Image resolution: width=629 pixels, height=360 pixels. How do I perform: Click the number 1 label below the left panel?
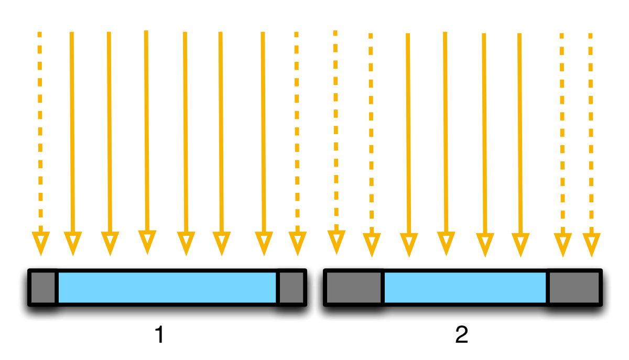tap(159, 335)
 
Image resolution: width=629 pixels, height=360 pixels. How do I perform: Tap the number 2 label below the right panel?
tap(461, 335)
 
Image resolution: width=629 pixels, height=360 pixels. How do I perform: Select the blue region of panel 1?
tap(167, 287)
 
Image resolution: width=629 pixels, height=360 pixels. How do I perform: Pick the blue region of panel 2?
tap(465, 287)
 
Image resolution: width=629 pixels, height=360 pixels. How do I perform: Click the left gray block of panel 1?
tap(42, 287)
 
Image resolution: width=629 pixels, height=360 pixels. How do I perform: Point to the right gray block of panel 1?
tap(291, 287)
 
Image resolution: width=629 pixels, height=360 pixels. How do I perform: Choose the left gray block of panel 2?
tap(354, 287)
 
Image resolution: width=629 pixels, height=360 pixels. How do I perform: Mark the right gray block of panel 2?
tap(574, 287)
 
